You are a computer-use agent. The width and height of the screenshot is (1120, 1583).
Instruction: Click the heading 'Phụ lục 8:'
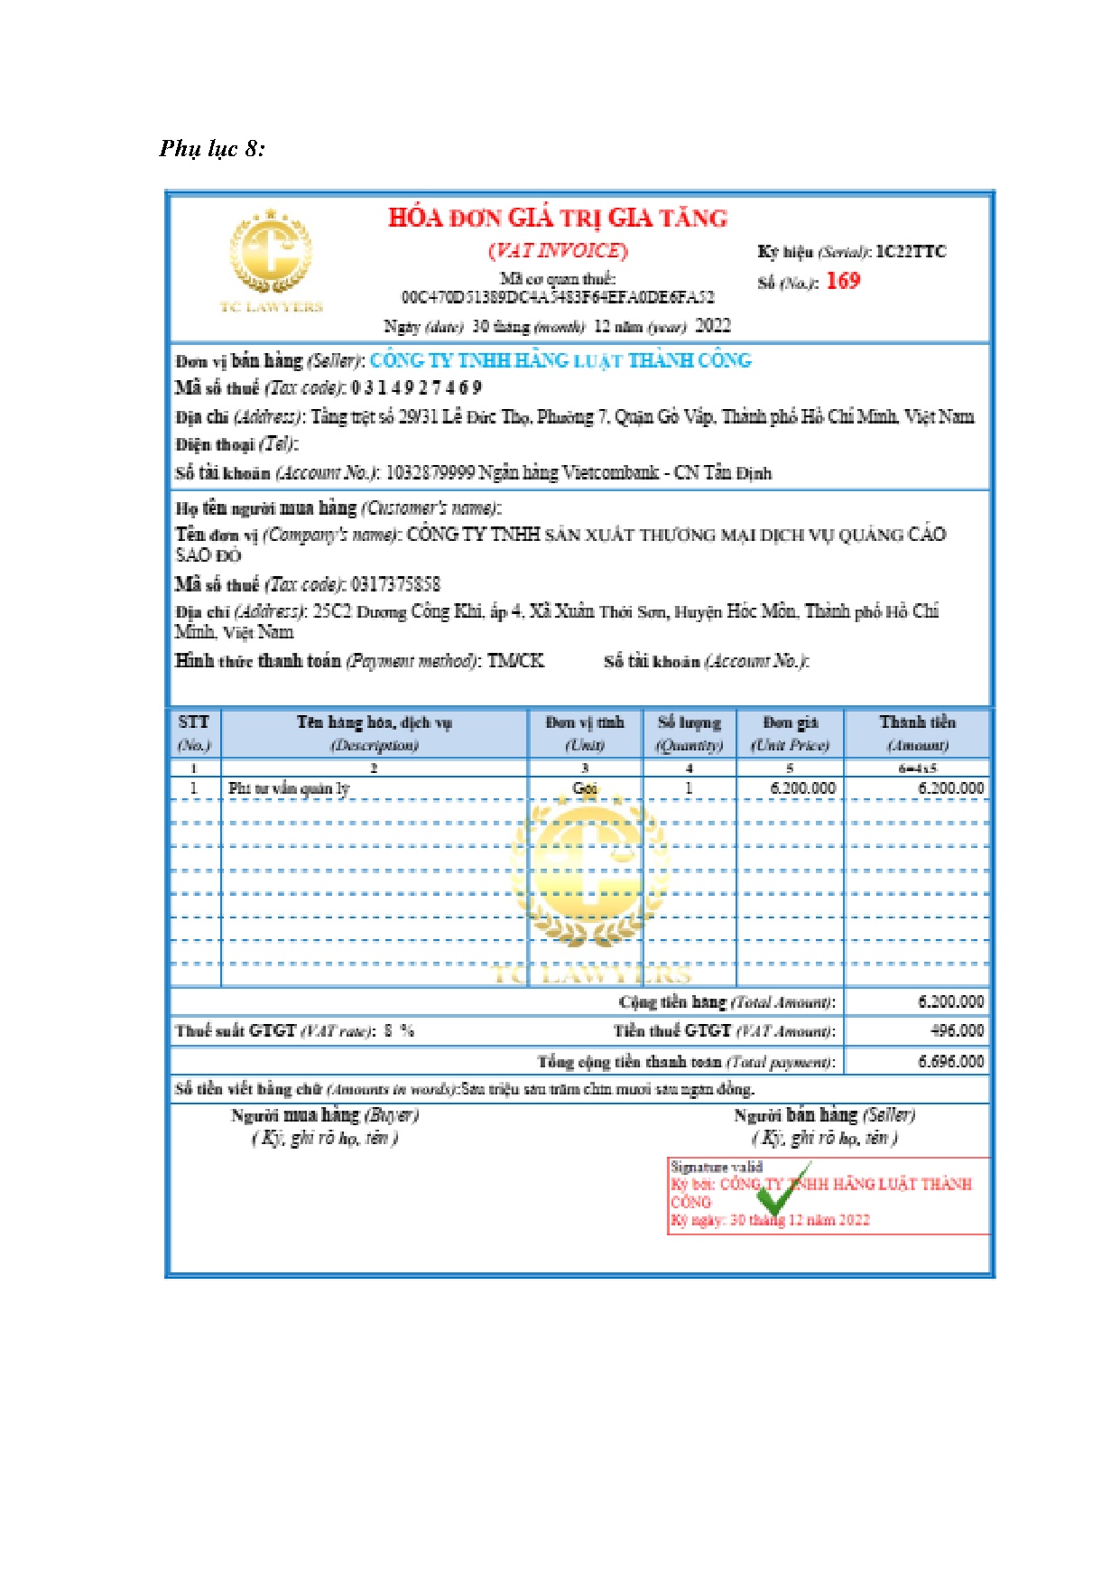pos(212,149)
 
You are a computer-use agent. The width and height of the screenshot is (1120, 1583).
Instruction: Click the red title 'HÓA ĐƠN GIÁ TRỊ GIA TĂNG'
pos(558,218)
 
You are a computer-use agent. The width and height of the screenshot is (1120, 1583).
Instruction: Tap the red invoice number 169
pos(843,281)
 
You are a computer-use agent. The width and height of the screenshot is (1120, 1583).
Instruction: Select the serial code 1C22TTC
pos(911,252)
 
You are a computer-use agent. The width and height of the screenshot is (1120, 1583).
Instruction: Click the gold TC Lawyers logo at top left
pos(271,258)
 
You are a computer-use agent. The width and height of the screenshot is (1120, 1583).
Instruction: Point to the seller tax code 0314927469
pos(416,388)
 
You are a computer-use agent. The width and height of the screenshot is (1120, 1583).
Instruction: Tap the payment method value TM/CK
pos(516,661)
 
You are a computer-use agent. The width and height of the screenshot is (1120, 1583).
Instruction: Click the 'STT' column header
pos(194,722)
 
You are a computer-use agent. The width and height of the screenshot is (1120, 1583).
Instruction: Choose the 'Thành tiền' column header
pos(917,722)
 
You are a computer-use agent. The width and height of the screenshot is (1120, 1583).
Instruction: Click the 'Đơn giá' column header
pos(790,722)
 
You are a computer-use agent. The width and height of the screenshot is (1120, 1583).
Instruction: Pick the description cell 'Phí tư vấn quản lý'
pos(289,788)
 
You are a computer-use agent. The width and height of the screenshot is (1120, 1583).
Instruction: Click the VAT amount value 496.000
pos(957,1030)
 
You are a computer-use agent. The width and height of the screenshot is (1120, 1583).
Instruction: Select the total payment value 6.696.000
pos(950,1061)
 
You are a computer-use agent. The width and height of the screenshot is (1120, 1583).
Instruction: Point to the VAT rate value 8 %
pos(398,1030)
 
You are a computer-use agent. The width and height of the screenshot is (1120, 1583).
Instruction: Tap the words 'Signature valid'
pos(716,1167)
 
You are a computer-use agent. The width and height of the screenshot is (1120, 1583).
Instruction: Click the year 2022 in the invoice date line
pos(713,326)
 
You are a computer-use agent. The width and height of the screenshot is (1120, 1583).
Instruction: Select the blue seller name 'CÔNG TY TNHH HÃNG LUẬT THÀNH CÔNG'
pos(560,360)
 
